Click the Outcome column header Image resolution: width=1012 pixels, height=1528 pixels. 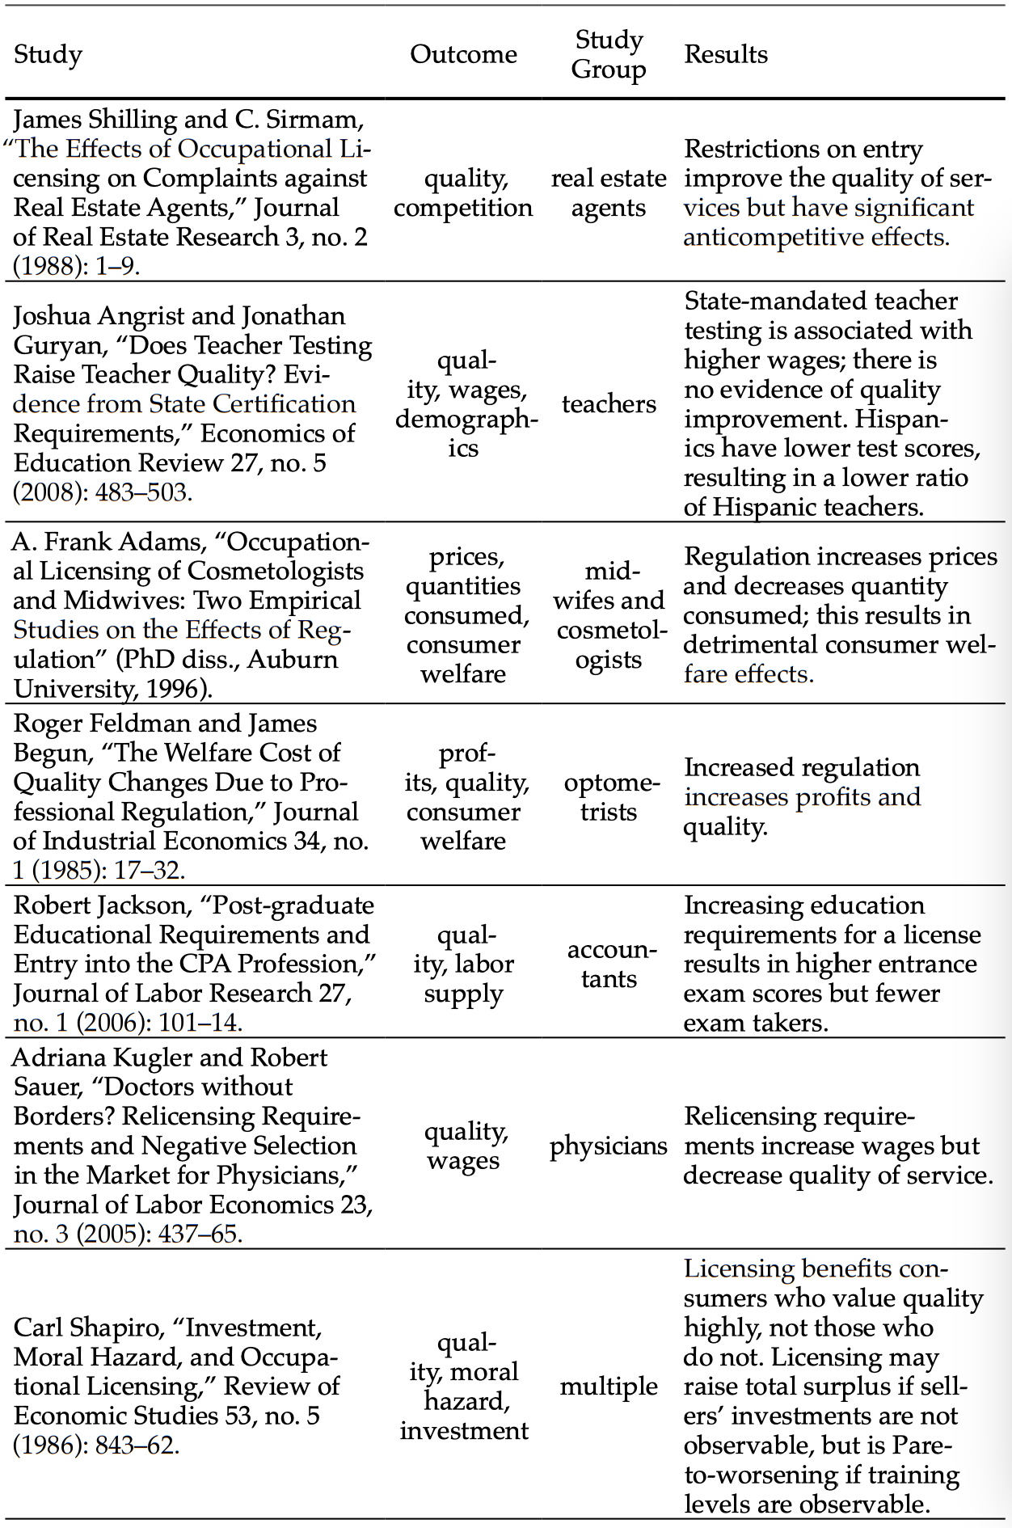463,54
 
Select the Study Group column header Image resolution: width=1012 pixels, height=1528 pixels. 609,54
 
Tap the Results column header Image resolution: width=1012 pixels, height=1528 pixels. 725,54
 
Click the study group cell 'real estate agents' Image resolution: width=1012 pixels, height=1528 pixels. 609,192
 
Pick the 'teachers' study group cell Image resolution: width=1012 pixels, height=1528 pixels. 609,403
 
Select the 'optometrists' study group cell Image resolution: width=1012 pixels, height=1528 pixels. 609,796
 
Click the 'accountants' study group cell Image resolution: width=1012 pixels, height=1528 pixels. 609,964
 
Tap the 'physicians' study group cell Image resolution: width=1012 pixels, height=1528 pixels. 609,1146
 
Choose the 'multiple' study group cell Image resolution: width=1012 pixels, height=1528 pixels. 609,1386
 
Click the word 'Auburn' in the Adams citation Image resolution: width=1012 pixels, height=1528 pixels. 293,659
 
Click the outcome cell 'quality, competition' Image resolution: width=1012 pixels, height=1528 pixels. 463,192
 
